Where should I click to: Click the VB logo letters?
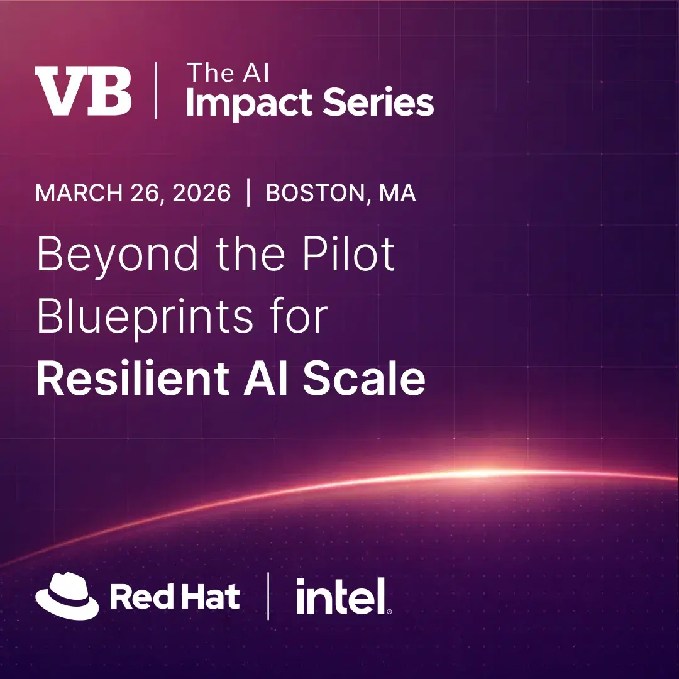tap(83, 92)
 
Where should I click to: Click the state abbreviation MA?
tap(397, 193)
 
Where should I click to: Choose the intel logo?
tap(343, 597)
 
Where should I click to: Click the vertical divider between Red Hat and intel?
tap(268, 595)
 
